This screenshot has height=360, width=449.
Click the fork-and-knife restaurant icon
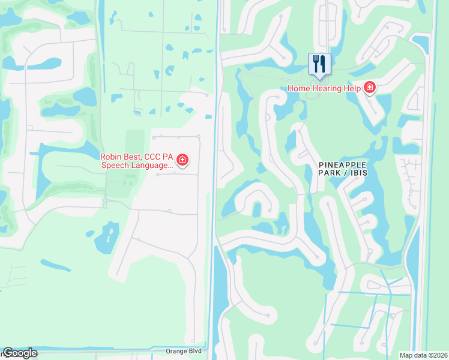pyautogui.click(x=319, y=64)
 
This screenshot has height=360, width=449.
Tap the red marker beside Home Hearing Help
pyautogui.click(x=370, y=88)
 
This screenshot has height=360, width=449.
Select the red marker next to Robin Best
pyautogui.click(x=182, y=160)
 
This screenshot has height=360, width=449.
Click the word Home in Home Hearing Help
pyautogui.click(x=300, y=88)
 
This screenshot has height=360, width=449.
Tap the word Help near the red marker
pyautogui.click(x=353, y=88)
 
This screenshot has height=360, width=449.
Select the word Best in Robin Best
pyautogui.click(x=134, y=157)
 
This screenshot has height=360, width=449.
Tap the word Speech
pyautogui.click(x=116, y=165)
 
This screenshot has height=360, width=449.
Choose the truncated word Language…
pyautogui.click(x=153, y=165)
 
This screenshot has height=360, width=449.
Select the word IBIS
pyautogui.click(x=357, y=172)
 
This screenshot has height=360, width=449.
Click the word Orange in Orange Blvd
pyautogui.click(x=178, y=350)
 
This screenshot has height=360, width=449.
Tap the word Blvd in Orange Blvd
pyautogui.click(x=195, y=350)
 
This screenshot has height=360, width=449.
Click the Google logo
pyautogui.click(x=20, y=353)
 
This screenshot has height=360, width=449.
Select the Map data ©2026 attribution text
pyautogui.click(x=423, y=355)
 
